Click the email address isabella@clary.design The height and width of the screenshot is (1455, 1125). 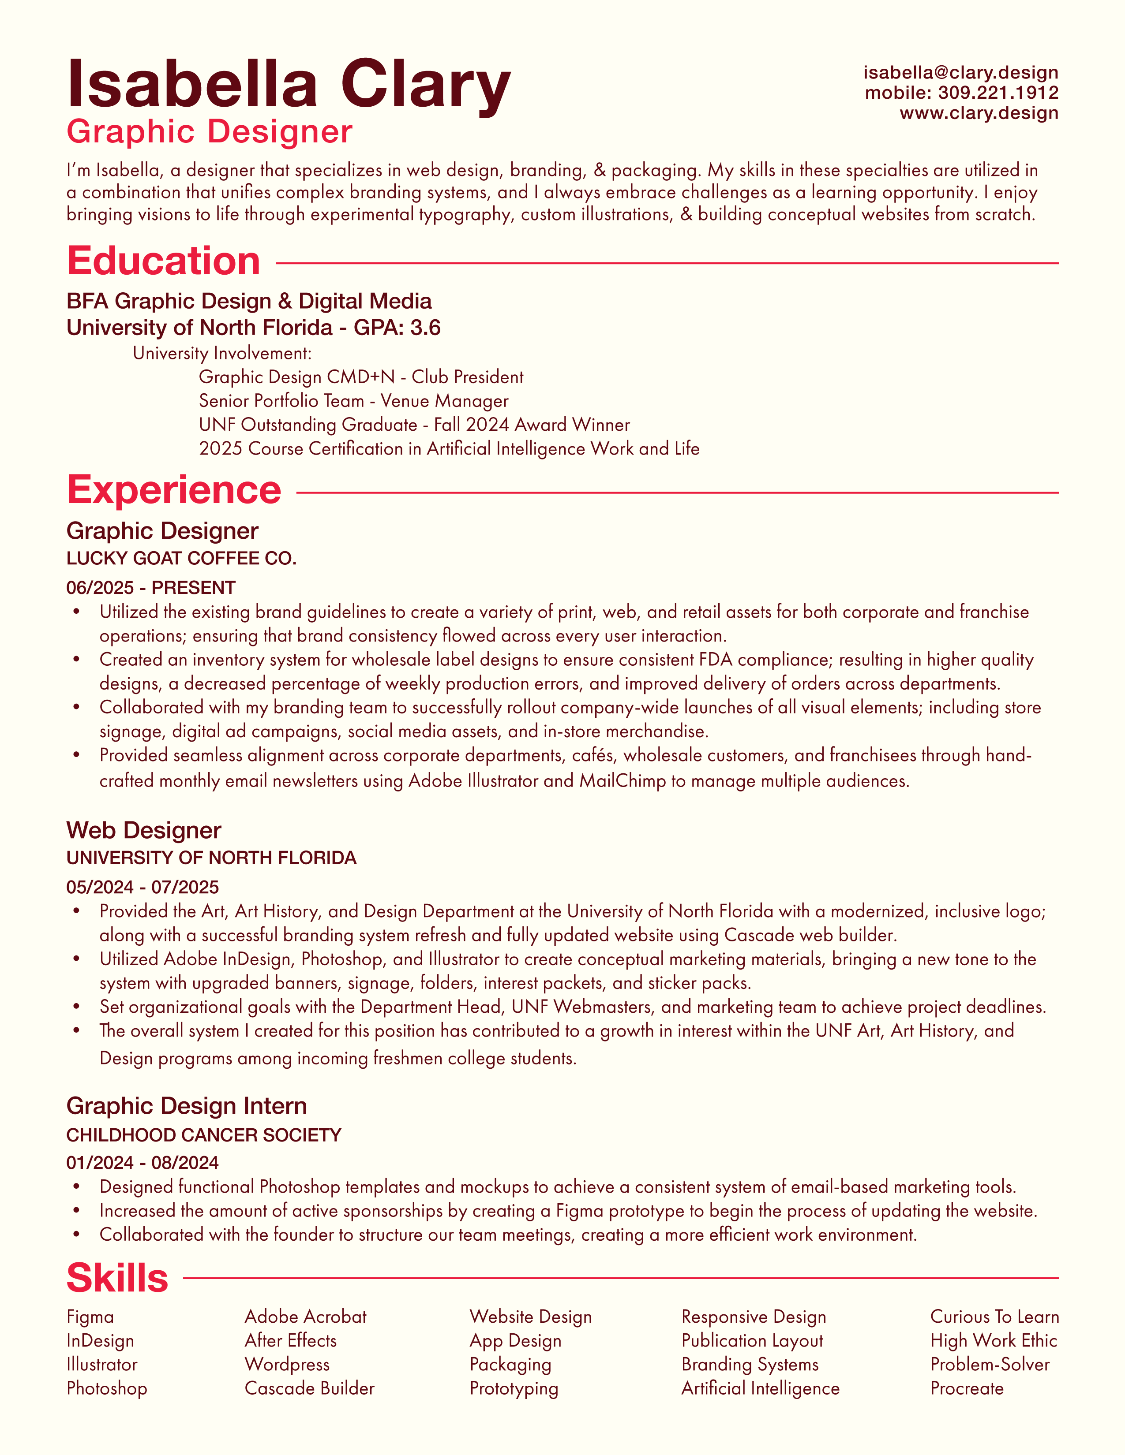(960, 73)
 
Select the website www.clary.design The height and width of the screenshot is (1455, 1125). (979, 112)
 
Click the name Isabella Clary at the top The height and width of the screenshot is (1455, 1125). (289, 85)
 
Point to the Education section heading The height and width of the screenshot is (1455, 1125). (163, 261)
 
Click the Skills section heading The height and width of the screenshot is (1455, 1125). (117, 1278)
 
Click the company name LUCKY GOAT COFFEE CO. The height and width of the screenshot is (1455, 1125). (181, 558)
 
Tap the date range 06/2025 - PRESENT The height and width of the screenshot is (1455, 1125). (150, 588)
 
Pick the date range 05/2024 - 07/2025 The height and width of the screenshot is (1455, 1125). (142, 887)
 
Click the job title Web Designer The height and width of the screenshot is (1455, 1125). (143, 830)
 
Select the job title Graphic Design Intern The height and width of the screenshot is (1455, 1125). (187, 1106)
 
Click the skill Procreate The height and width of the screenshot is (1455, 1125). (966, 1388)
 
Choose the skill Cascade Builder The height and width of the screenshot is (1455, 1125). (309, 1388)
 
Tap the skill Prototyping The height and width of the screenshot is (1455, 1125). (514, 1388)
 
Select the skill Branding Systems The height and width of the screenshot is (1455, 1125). (750, 1365)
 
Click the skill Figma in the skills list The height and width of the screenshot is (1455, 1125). (90, 1317)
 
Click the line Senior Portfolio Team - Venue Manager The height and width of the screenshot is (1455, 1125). (353, 401)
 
